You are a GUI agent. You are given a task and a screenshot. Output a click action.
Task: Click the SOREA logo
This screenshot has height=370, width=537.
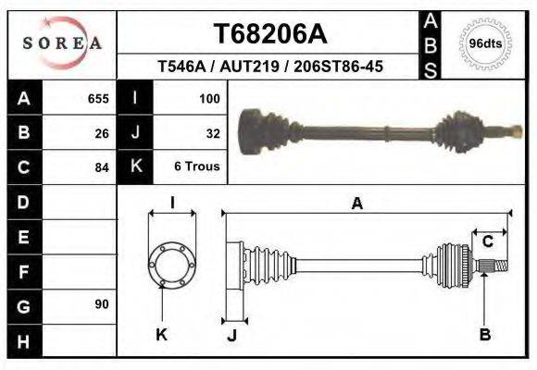point(62,43)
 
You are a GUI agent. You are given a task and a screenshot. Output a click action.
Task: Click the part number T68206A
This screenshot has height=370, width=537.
point(270,34)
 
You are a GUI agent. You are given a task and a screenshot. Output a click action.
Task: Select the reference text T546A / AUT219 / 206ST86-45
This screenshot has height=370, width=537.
point(270,68)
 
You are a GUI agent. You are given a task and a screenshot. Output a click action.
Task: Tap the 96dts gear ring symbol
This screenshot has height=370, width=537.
point(485,43)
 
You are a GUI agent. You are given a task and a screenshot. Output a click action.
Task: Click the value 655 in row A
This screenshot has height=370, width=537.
point(98,98)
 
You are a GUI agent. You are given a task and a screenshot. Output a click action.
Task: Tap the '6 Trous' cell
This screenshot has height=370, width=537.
point(197,167)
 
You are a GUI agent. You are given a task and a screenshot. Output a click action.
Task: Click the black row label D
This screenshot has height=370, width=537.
point(24,202)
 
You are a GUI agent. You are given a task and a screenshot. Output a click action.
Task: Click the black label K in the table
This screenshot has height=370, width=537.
point(135,167)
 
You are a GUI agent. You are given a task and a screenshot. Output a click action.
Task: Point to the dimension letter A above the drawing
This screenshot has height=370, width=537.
point(356,204)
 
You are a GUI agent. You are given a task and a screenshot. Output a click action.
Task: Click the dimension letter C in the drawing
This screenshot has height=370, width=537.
point(487,242)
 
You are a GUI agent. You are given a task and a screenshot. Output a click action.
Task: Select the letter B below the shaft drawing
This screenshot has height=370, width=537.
point(484,335)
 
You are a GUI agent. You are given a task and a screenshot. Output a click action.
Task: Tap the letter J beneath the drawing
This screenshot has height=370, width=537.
point(231,335)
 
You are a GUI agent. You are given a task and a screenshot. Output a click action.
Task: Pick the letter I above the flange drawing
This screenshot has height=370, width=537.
point(171,204)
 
